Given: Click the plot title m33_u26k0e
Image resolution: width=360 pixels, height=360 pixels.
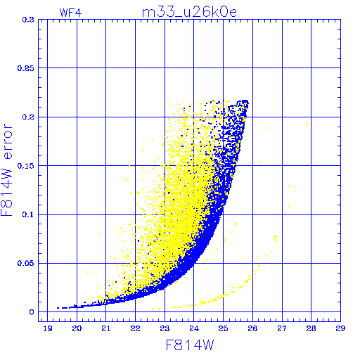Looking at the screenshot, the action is coord(189,12).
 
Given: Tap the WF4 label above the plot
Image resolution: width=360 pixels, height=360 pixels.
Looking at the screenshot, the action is coord(70,13).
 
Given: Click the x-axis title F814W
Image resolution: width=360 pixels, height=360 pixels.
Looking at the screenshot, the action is coord(190,345).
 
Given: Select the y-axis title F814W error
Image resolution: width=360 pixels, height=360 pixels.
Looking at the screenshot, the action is coord(6,170).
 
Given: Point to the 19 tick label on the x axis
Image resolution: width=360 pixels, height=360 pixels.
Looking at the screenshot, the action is coord(48,328).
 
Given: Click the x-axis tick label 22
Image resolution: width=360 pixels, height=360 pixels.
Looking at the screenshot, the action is coord(135,328).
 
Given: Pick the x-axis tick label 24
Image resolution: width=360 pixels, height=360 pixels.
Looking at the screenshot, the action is coord(194,328).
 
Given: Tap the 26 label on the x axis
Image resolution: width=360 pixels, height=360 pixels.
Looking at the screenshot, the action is coord(252,328).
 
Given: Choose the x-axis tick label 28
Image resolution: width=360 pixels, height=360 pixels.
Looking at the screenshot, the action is coord(311,328).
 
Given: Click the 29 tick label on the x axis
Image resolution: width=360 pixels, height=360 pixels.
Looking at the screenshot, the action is coord(340,328).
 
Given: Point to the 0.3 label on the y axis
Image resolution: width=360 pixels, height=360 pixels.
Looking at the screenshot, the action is coord(28,20).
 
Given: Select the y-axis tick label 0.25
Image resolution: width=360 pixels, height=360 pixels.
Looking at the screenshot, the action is coord(26,68).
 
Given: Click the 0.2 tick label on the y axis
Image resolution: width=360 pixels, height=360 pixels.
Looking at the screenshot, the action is coord(28,117).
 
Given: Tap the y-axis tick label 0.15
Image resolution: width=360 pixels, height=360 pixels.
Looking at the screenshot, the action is coord(26,166).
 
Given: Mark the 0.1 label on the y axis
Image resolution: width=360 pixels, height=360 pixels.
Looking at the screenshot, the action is coord(28,214).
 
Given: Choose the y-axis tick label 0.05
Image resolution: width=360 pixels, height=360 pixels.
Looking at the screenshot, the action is coord(26,263).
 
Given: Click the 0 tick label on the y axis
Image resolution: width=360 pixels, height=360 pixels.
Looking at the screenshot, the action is coord(32,312).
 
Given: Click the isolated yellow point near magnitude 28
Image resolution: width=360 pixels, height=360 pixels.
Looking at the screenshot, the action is coord(307,124).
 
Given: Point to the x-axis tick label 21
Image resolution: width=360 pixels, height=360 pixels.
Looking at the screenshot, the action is coord(106,328).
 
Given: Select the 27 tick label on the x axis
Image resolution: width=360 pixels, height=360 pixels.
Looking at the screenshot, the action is coord(282,328).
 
